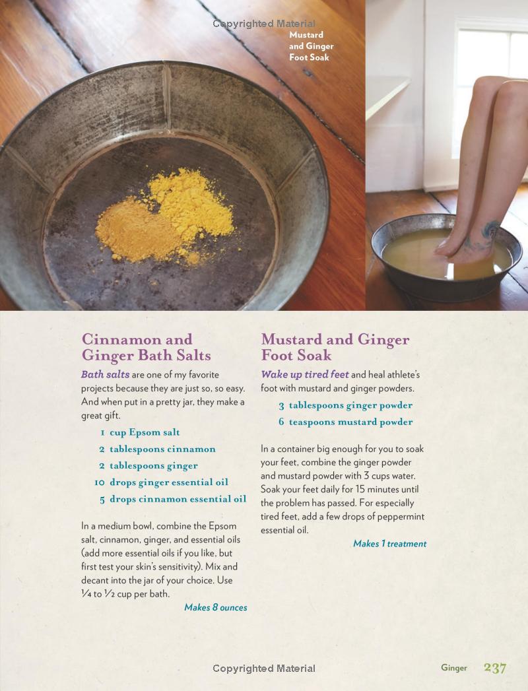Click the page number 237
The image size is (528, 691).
[x=495, y=668]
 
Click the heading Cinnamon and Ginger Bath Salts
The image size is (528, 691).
[x=147, y=347]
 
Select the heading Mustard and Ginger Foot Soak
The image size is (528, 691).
[x=335, y=347]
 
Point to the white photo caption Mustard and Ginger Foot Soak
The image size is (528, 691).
[x=311, y=46]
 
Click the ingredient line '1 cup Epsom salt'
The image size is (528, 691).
[x=140, y=432]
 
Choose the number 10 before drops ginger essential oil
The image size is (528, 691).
[x=100, y=482]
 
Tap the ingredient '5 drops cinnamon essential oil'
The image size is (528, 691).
[x=173, y=500]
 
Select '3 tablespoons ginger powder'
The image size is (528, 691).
[x=346, y=405]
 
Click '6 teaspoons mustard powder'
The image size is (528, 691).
[x=346, y=422]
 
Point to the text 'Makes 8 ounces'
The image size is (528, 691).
[x=216, y=607]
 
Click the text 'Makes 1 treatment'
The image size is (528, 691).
[x=389, y=544]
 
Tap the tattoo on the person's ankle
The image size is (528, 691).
[x=484, y=236]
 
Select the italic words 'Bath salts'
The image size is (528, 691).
[x=105, y=375]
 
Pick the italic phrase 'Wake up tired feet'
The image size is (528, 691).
[x=304, y=375]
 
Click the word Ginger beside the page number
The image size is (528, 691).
[x=454, y=668]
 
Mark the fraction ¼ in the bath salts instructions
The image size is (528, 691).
[x=86, y=593]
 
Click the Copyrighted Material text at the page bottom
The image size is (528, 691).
[x=264, y=669]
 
